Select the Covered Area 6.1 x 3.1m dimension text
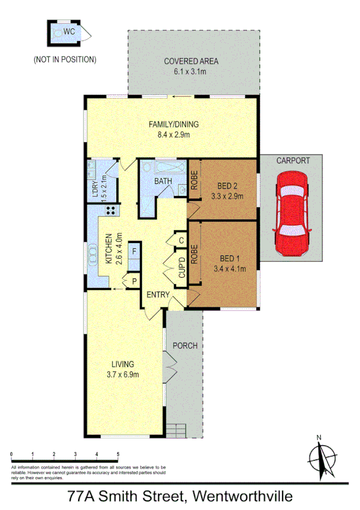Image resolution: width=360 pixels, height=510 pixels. coord(191,72)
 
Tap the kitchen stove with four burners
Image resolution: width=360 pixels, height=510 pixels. coord(111,210)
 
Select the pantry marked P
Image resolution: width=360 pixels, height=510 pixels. coord(133,281)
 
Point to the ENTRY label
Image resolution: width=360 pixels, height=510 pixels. coord(157,295)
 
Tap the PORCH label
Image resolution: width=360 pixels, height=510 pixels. coord(185,345)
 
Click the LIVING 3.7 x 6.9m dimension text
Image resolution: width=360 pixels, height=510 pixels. coord(123,375)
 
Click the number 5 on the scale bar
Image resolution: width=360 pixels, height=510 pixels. coord(118,454)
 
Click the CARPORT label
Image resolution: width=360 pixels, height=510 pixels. coord(293,161)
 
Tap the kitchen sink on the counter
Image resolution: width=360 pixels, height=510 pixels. coord(93,255)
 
